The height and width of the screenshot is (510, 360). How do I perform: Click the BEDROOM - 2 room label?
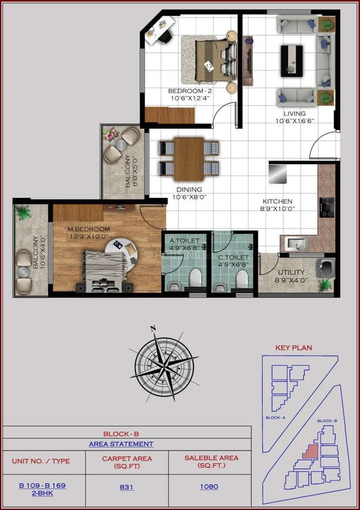click(189, 91)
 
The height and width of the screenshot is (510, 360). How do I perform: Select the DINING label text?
click(188, 190)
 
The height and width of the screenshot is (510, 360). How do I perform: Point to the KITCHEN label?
click(278, 201)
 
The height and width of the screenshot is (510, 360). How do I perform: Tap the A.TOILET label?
click(184, 241)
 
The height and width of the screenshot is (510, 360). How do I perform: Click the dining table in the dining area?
click(189, 158)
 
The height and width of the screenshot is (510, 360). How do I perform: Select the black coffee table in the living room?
click(291, 57)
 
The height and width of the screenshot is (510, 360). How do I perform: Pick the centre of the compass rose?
click(163, 367)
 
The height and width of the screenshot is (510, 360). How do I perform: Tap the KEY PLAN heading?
click(294, 348)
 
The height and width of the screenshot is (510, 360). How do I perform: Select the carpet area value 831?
click(127, 487)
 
